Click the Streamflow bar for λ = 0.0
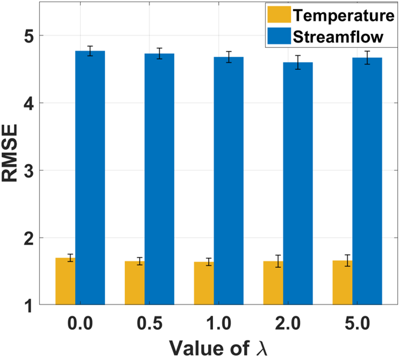click(90, 178)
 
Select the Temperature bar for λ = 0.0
click(65, 281)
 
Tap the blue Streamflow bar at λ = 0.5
click(160, 179)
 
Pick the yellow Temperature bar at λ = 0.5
click(135, 283)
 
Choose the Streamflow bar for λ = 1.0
click(228, 181)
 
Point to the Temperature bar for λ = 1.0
click(204, 283)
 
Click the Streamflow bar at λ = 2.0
click(298, 183)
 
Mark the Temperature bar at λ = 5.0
click(342, 283)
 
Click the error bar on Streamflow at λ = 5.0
click(367, 58)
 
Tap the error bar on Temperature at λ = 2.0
click(278, 261)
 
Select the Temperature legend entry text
click(344, 15)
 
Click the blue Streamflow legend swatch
click(279, 36)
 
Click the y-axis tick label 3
click(28, 171)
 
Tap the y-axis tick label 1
click(29, 305)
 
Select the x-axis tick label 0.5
click(149, 323)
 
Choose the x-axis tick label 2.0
click(288, 323)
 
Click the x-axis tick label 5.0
click(357, 323)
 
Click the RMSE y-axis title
click(10, 153)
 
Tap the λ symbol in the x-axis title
click(261, 348)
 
